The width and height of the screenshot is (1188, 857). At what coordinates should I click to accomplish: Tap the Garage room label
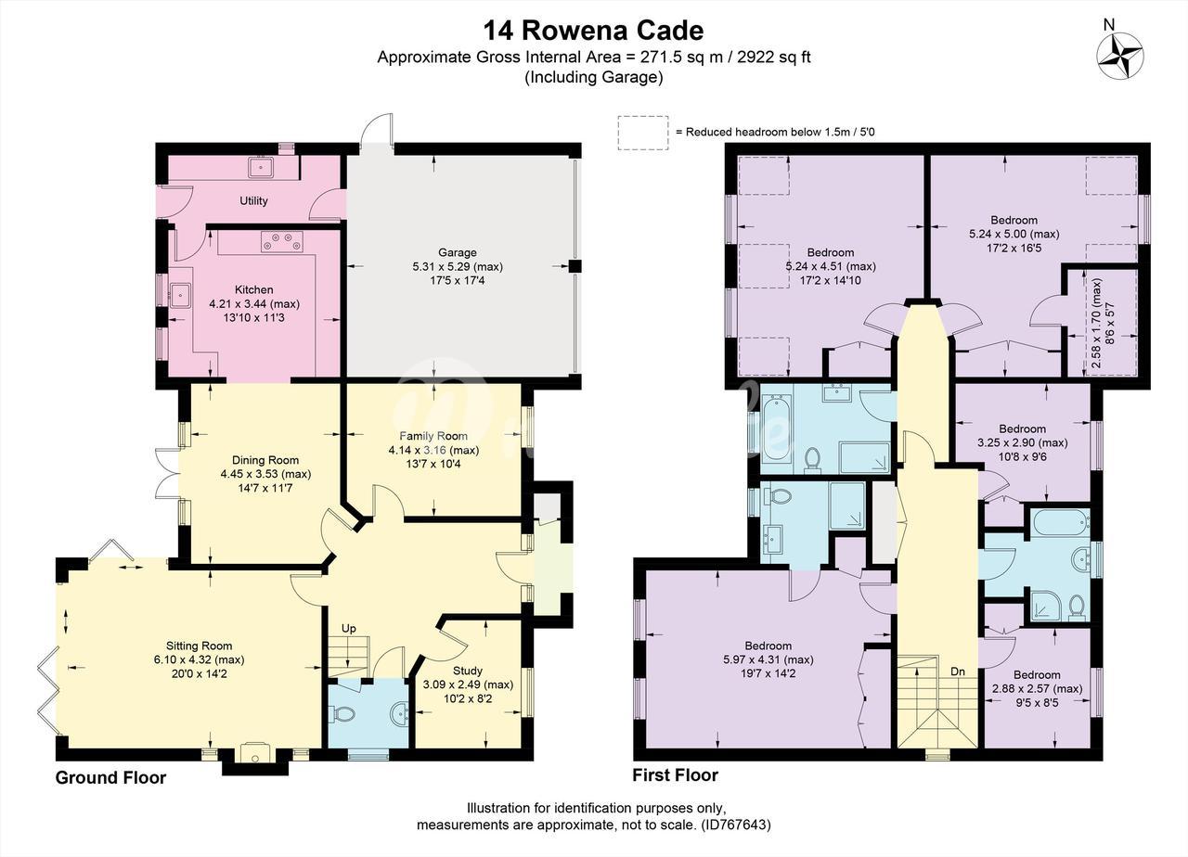(x=458, y=253)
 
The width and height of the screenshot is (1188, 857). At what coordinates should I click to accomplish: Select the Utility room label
(x=253, y=201)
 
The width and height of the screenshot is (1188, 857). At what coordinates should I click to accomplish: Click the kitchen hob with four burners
(x=281, y=242)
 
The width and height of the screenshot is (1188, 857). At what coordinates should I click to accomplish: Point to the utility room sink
(x=261, y=168)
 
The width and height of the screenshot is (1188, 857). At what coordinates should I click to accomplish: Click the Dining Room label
(x=265, y=460)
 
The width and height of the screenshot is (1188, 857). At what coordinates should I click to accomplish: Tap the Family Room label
(x=433, y=436)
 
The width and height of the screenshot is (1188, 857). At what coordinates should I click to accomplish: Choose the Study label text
(x=467, y=671)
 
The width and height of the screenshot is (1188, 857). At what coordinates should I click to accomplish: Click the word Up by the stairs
(x=348, y=629)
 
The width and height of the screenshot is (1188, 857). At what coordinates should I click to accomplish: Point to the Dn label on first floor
(x=958, y=672)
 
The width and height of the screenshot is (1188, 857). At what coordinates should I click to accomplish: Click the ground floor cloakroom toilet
(x=342, y=714)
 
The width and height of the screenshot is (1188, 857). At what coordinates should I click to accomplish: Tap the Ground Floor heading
(x=110, y=777)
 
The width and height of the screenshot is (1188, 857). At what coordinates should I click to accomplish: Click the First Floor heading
(x=675, y=775)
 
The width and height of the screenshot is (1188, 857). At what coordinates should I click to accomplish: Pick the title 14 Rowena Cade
(x=593, y=31)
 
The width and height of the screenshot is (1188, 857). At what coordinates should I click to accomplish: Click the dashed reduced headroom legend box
(x=643, y=133)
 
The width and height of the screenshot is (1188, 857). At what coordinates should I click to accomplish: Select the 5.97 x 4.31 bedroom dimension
(x=768, y=659)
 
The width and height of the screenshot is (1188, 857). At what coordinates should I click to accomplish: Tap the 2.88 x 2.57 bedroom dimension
(x=1037, y=689)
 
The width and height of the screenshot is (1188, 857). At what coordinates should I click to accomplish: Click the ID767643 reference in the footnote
(x=735, y=825)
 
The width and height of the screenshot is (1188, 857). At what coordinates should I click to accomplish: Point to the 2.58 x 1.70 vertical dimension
(x=1096, y=324)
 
